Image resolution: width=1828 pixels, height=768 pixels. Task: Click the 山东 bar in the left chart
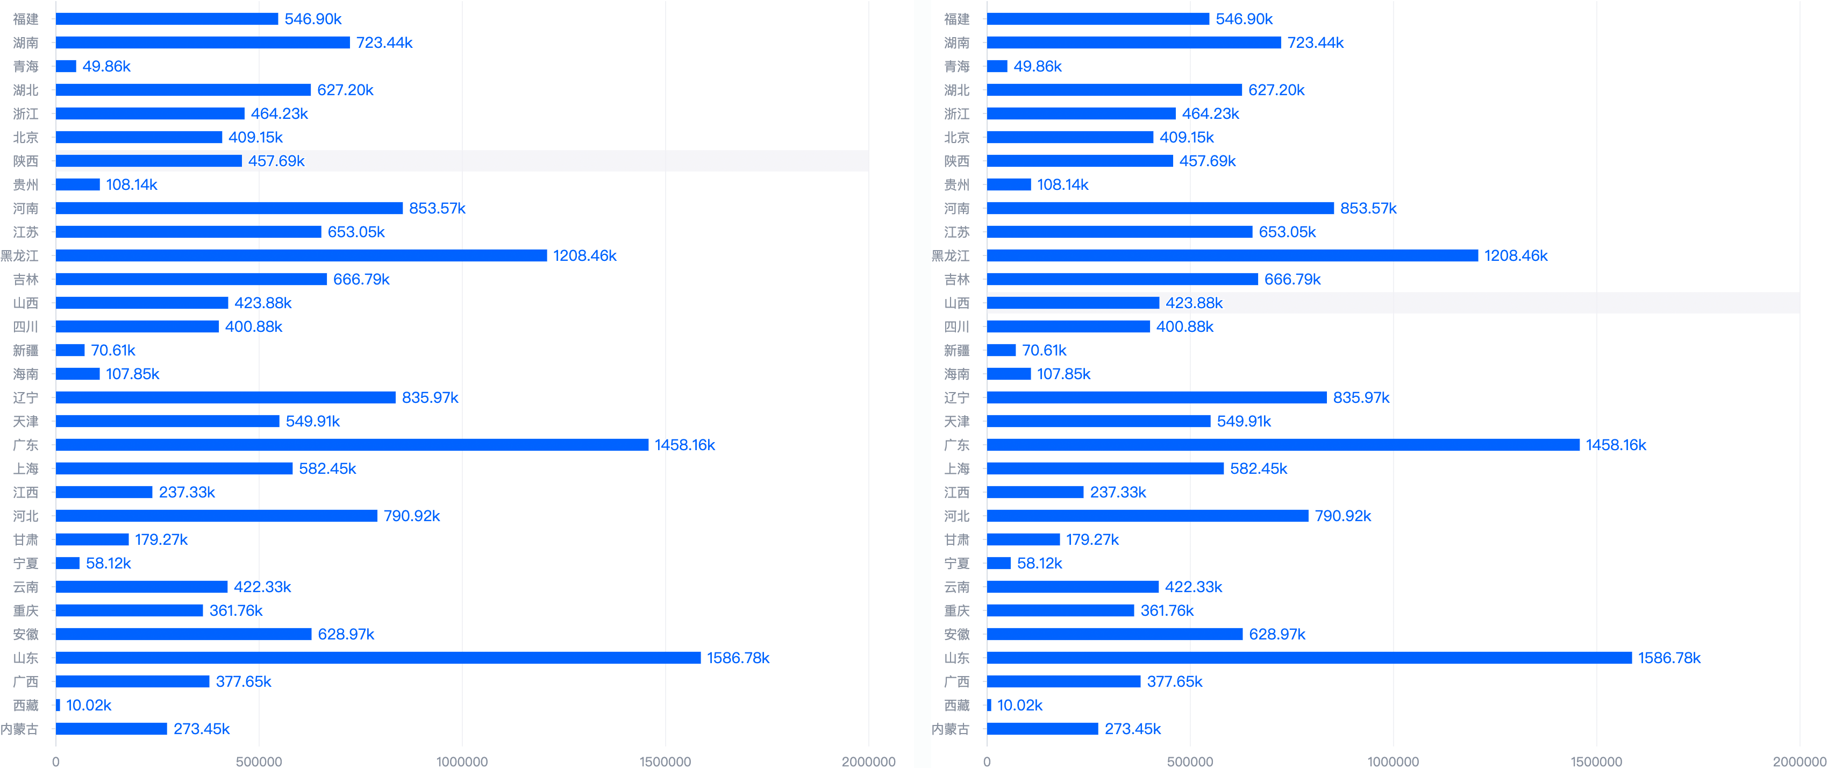coord(378,658)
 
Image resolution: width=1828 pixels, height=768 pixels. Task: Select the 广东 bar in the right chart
coord(1283,445)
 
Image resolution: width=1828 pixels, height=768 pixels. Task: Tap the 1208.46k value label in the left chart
coord(585,255)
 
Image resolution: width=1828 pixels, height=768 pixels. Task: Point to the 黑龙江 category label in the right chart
coord(950,255)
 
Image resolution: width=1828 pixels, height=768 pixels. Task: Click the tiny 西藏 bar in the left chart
coord(58,705)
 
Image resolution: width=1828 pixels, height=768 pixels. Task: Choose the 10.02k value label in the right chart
coord(1020,705)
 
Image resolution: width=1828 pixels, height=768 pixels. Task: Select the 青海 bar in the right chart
coord(997,66)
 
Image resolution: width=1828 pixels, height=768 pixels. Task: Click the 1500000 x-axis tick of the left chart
coord(665,761)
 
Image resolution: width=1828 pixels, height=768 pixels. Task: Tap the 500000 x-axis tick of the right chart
coord(1190,761)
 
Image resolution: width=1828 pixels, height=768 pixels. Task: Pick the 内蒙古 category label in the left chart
coord(19,729)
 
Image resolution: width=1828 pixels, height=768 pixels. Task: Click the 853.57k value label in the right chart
coord(1368,208)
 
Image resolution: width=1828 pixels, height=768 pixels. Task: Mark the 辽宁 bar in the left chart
coord(226,397)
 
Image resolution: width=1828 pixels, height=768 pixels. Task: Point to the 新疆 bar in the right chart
coord(1001,350)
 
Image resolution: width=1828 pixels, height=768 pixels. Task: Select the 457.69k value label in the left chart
coord(276,161)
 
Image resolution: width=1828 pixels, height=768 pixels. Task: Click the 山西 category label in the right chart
coord(956,303)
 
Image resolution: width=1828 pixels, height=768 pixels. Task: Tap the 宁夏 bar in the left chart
coord(67,563)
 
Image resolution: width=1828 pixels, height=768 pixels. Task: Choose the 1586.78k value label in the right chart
coord(1669,658)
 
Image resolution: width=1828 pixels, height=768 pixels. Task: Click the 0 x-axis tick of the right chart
coord(987,761)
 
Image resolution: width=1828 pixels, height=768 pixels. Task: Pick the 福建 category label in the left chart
coord(26,19)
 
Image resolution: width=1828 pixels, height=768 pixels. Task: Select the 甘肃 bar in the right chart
coord(1023,539)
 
